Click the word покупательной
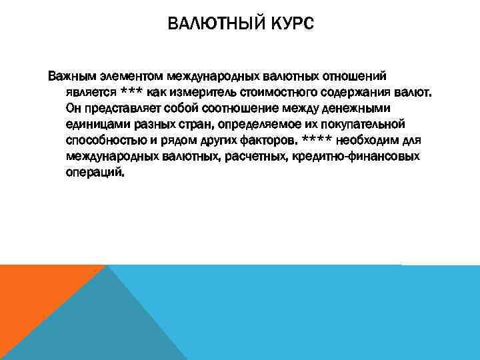[368, 124]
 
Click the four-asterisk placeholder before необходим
[320, 140]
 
